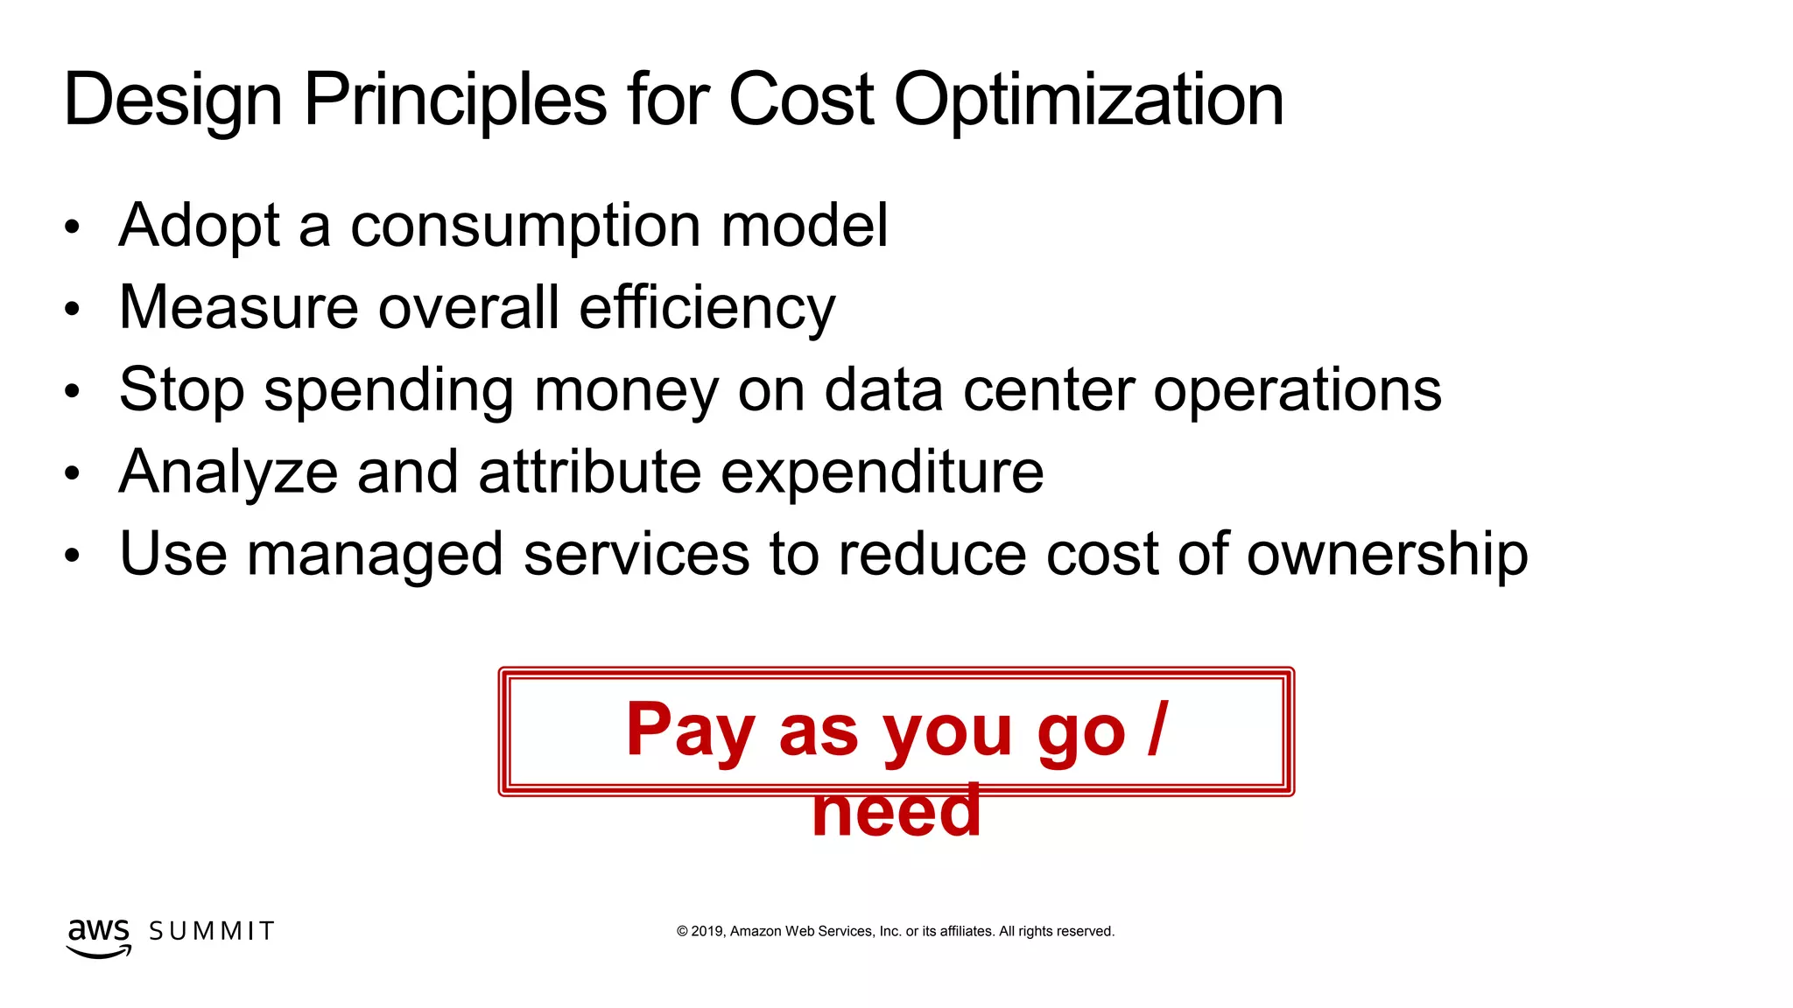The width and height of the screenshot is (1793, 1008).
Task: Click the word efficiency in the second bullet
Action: coord(707,308)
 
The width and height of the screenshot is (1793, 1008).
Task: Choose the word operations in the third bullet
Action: coord(1297,390)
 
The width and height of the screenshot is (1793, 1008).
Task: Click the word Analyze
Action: coord(229,472)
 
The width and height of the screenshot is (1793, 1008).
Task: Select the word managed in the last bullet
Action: coord(375,555)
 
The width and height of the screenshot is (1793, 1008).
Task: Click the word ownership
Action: coord(1387,555)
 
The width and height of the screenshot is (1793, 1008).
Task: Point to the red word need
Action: coord(896,810)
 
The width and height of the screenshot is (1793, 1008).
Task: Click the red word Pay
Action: coord(690,731)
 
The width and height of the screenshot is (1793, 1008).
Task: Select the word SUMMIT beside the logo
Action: coord(212,931)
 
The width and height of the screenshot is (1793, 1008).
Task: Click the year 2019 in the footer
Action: coord(707,931)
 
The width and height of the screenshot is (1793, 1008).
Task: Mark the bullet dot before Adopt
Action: coord(72,227)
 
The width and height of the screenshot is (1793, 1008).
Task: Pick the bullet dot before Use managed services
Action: coord(72,556)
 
